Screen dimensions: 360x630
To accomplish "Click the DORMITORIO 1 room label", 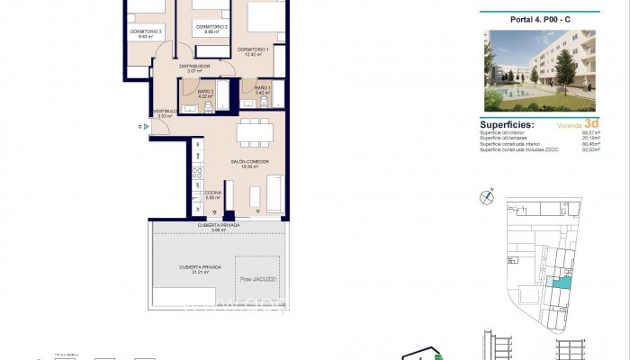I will pos(252,49).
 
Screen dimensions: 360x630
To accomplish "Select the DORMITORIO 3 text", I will pos(146,31).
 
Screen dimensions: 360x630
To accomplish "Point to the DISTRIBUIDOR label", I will pos(193,66).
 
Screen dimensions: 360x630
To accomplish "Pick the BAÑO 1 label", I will pos(263,87).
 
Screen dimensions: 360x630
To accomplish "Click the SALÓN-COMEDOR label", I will pos(249,162).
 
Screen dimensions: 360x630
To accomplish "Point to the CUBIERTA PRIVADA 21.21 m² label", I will pos(199,267).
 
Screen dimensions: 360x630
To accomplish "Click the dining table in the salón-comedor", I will pos(254,133).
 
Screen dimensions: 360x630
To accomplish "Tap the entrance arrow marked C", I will pos(144,127).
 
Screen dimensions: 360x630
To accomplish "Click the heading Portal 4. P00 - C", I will pos(540,20).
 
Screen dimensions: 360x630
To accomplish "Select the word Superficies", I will pos(507,125).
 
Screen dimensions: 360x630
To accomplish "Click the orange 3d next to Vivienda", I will pos(591,124).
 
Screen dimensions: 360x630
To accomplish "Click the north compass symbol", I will pos(489,193).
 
